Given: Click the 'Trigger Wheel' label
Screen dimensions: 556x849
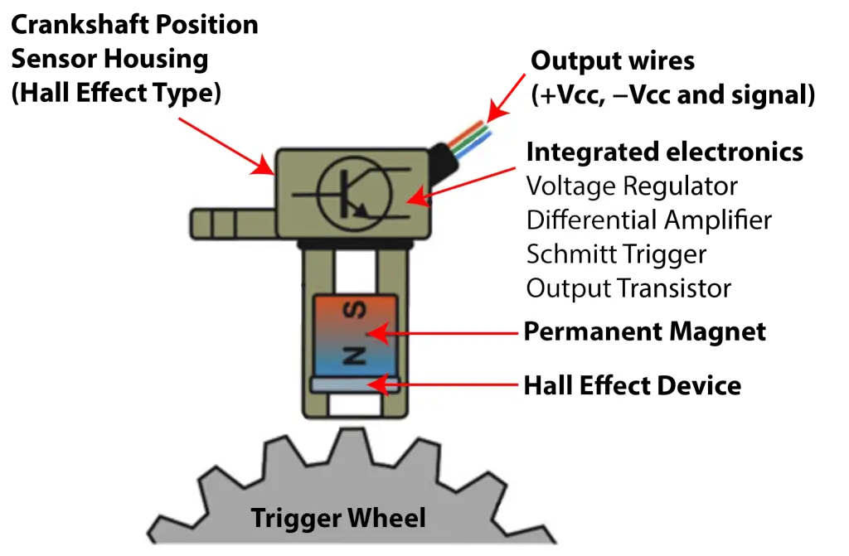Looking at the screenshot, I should click(x=338, y=519).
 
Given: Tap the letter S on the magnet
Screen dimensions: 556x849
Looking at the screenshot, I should click(x=356, y=311).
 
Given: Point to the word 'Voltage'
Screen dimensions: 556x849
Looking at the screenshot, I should click(x=569, y=186).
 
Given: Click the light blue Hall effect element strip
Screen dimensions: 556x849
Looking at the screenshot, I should click(x=355, y=384).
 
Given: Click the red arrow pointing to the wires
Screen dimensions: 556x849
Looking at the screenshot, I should click(x=507, y=97).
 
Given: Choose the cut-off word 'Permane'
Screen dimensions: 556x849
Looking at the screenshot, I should click(x=576, y=331).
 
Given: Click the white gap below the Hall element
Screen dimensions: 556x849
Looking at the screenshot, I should click(x=355, y=405).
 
